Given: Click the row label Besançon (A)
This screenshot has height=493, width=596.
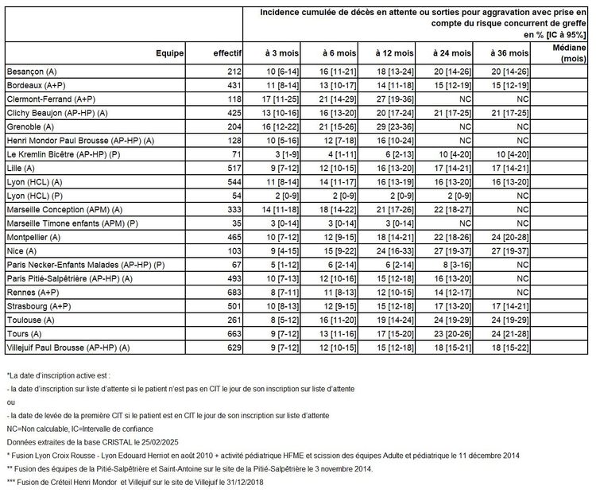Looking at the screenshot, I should click(25, 72).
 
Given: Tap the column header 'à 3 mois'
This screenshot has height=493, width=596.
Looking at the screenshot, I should click(281, 52).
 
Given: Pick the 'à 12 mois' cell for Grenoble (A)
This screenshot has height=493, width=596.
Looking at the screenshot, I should click(389, 126).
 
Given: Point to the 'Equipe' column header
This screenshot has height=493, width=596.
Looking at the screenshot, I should click(170, 52).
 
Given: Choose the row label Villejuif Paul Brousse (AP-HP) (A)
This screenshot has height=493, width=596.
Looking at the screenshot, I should click(68, 346).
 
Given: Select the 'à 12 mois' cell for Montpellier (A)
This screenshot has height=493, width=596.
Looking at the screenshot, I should click(389, 236).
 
